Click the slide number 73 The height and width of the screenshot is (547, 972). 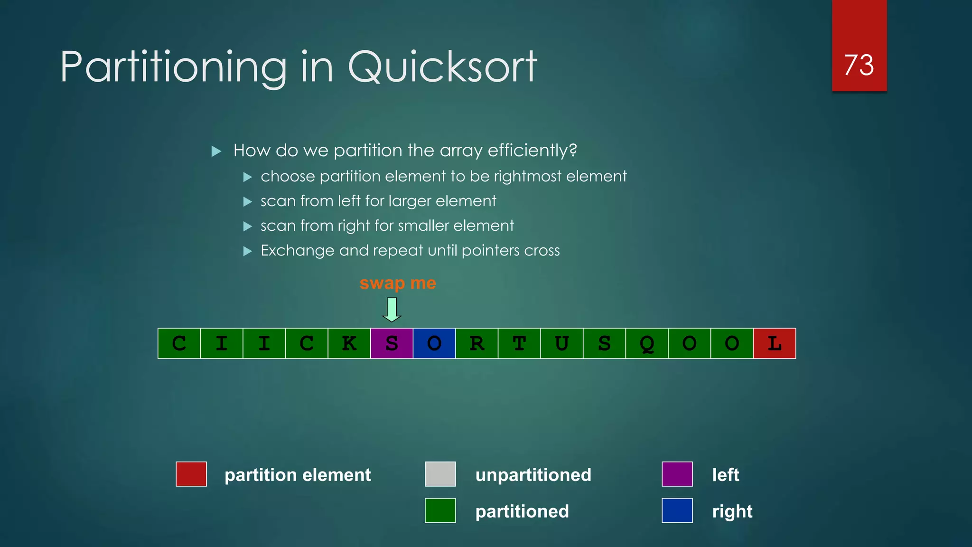coord(859,65)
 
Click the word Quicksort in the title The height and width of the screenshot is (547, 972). coord(442,67)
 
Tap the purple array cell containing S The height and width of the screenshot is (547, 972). coord(392,343)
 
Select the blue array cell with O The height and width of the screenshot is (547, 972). coord(434,343)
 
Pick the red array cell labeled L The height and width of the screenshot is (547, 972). coord(775,343)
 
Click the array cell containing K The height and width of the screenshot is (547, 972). coord(349,343)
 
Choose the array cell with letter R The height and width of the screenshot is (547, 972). coord(477,343)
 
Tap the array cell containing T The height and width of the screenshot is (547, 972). coord(519,343)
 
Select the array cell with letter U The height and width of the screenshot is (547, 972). coord(562,343)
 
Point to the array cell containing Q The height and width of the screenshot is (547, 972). coord(647,343)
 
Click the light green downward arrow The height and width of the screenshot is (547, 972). coord(392,310)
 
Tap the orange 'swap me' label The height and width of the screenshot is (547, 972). coord(398,283)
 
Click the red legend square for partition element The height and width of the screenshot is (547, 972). coord(191,474)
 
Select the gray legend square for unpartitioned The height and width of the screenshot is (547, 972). coord(440,474)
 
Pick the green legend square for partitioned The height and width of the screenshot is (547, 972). coord(440,510)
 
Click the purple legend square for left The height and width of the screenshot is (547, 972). coord(677,474)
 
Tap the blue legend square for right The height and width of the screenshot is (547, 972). coord(677,510)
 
